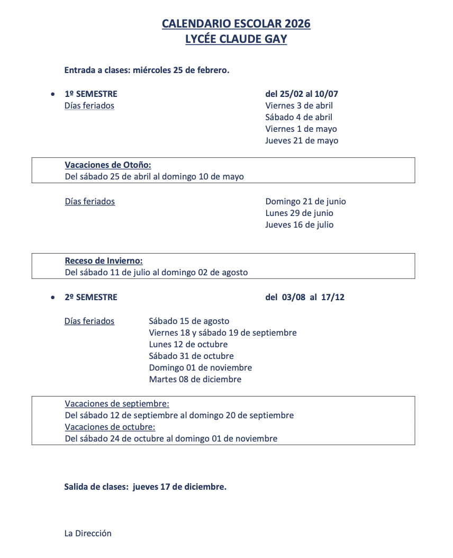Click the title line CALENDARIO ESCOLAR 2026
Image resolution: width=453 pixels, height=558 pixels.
236,24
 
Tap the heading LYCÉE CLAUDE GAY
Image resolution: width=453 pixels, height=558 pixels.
236,39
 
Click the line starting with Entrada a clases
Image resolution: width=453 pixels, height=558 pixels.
147,70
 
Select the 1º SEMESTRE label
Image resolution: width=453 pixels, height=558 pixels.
90,94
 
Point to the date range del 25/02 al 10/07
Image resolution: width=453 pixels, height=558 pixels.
301,94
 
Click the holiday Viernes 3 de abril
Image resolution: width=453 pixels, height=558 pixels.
299,106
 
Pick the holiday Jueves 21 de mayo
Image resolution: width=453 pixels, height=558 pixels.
302,141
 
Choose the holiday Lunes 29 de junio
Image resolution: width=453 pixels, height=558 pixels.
299,213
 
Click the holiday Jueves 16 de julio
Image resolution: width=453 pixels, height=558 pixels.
300,225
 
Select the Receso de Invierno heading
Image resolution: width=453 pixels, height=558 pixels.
104,261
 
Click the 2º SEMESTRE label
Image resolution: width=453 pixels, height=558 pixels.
90,298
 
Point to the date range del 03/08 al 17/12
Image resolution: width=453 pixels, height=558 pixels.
304,298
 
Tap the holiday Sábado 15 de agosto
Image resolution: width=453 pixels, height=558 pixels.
189,321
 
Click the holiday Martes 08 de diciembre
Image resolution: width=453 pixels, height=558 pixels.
195,380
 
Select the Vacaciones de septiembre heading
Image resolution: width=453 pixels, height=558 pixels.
117,404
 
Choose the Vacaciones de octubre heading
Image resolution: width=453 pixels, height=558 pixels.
110,427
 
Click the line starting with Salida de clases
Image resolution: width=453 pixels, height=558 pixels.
145,487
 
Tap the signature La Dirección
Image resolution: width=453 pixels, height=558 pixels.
88,534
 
